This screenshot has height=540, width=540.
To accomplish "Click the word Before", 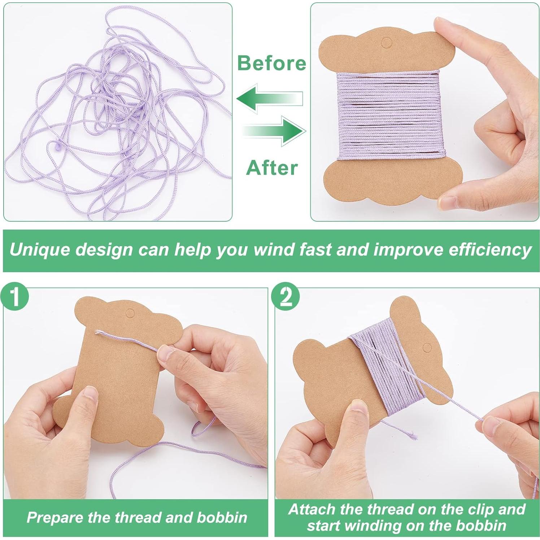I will (271, 63).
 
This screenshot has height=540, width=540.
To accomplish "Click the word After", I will (272, 168).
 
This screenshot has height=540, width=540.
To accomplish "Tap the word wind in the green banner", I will (269, 250).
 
